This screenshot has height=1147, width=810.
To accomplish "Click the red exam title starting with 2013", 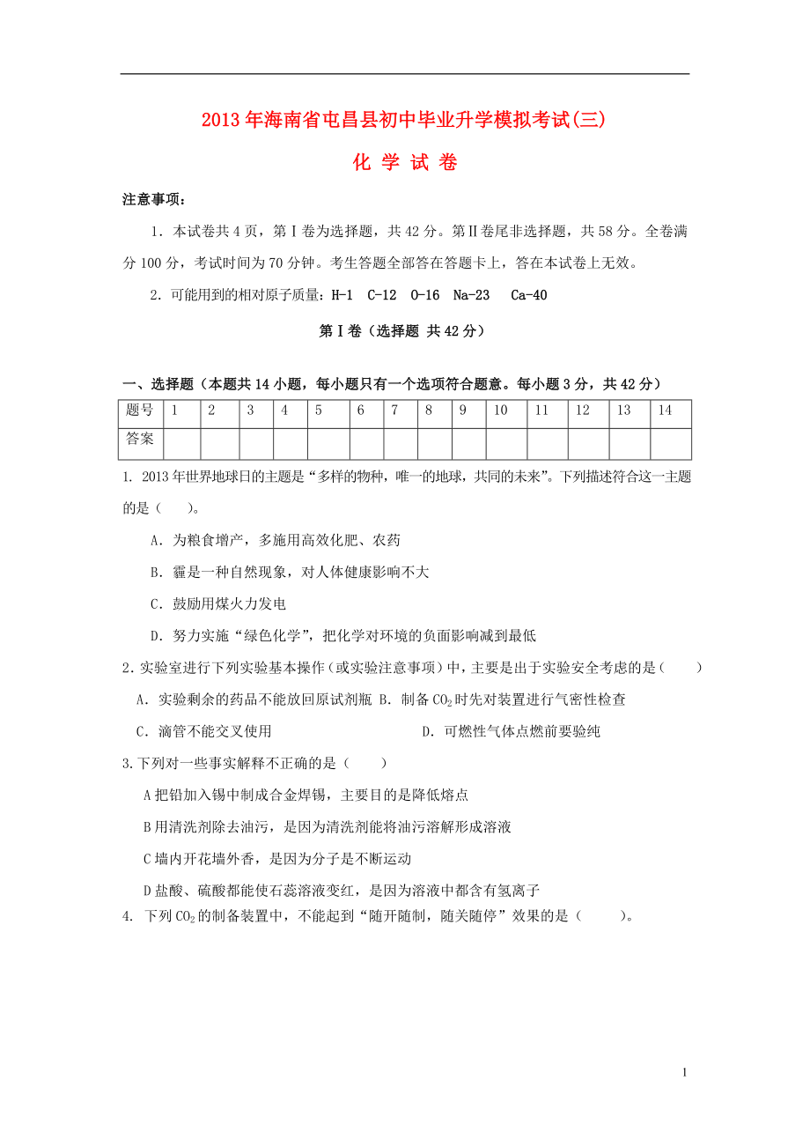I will point(404,122).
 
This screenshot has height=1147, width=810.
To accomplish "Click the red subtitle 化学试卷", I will point(404,163).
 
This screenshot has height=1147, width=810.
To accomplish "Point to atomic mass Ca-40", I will point(528,295).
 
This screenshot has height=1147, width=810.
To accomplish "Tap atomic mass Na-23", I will point(471,295).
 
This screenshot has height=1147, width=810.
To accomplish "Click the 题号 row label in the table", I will point(140,411).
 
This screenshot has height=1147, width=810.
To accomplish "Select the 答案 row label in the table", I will point(140,439).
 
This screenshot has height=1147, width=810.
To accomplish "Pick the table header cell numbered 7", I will point(395,411).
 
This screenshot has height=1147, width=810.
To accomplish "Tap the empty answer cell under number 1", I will point(181,444).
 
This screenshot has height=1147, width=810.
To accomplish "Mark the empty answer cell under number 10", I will point(505,444).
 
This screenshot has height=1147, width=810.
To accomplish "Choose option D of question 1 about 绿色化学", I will point(343,636).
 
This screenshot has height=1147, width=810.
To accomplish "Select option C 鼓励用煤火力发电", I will point(218,604).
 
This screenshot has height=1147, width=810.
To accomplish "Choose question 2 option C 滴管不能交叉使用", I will point(204,731).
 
